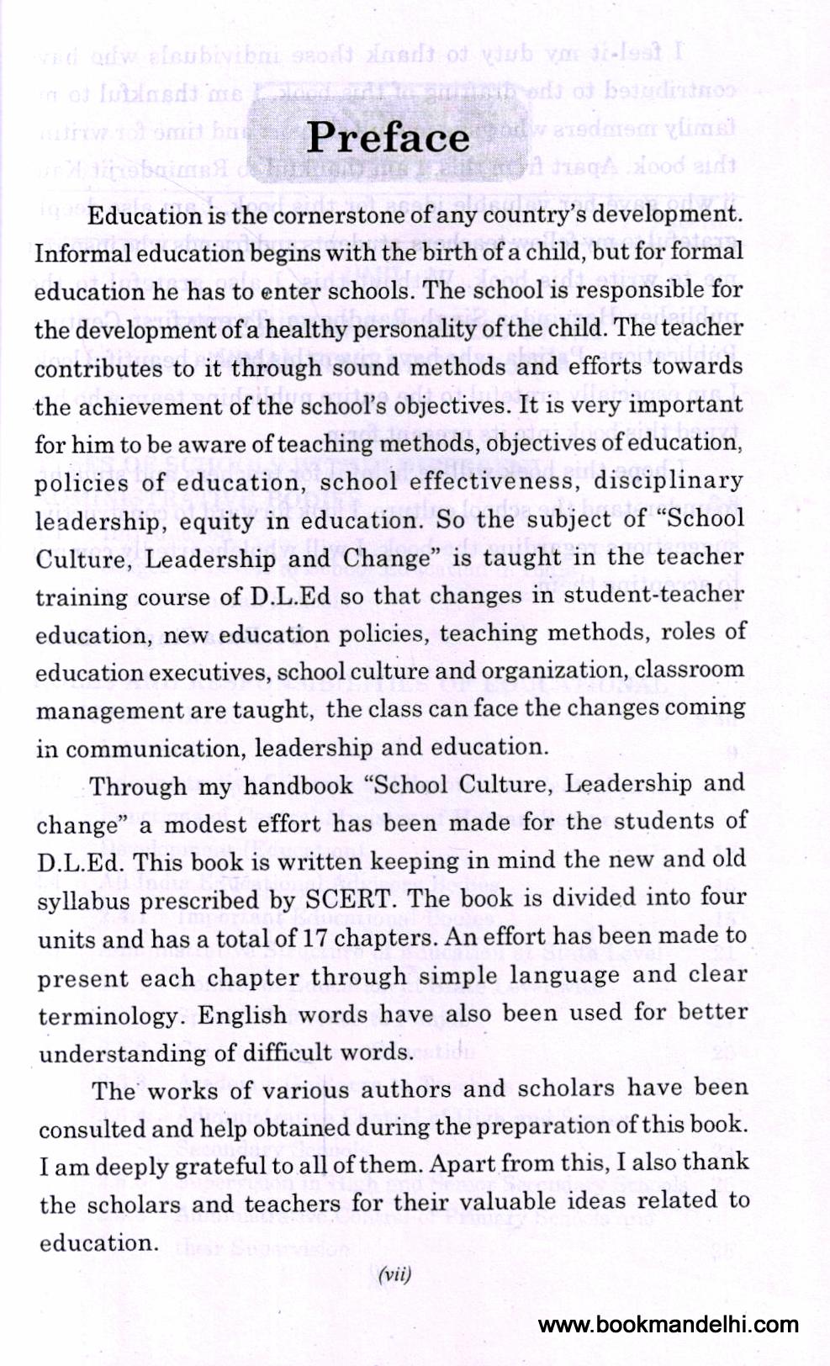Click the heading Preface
pyautogui.click(x=388, y=139)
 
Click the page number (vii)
pyautogui.click(x=395, y=1274)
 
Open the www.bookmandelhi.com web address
pyautogui.click(x=668, y=1326)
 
